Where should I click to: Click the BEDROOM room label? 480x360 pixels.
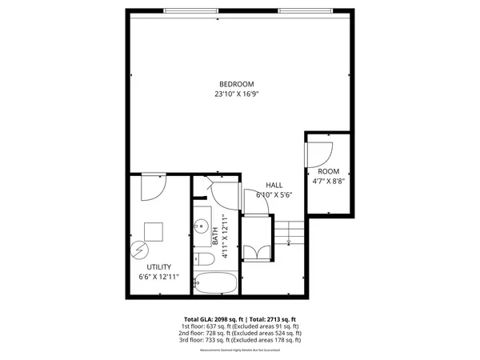point(237,84)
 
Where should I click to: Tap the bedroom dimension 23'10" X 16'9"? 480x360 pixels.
point(237,94)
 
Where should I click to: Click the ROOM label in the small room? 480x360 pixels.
point(328,171)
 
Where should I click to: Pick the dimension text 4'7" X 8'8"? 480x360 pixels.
point(328,182)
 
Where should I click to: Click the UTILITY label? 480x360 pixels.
point(158,266)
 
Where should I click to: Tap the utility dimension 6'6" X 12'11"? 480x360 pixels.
point(158,277)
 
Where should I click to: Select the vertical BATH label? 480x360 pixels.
point(215,234)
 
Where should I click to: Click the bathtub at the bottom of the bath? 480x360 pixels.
point(214,283)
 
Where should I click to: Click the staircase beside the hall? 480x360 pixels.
point(294,233)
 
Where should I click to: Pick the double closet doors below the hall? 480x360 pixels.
point(258,250)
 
